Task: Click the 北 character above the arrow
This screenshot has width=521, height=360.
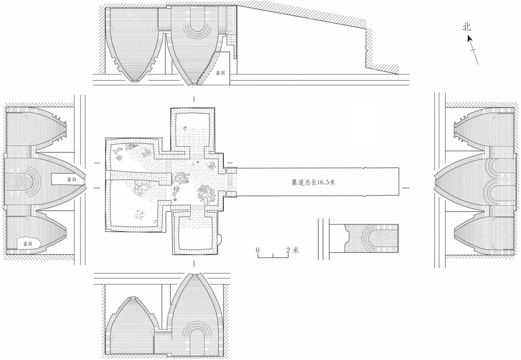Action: (467, 27)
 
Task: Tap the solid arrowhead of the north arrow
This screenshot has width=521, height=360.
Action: (470, 39)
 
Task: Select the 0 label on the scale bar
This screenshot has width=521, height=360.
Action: (258, 249)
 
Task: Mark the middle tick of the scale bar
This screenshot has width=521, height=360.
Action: (273, 256)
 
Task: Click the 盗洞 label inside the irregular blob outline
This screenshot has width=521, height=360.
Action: (27, 244)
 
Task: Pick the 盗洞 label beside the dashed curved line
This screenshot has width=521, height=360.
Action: (220, 73)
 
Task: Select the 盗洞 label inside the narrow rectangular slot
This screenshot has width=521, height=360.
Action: (71, 180)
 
